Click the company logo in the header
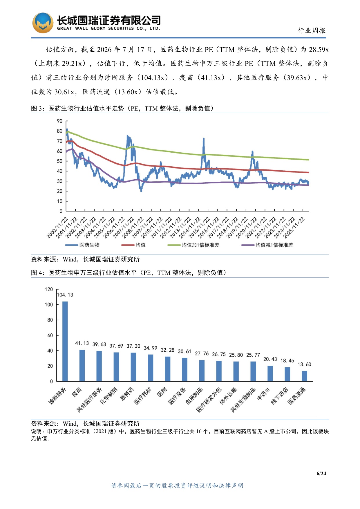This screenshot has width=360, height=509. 43,23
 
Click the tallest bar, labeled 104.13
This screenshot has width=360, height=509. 65,341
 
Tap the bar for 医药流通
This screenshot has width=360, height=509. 304,376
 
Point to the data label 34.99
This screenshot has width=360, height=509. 150,348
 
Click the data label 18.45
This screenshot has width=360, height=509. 287,361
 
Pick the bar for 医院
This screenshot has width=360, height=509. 168,369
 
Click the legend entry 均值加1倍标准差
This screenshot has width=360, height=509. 193,245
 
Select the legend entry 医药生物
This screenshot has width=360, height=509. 82,245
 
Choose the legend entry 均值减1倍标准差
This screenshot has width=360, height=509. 267,245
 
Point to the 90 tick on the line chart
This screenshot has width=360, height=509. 60,121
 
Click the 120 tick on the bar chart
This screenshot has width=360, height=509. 49,289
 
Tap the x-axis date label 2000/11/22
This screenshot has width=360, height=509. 57,228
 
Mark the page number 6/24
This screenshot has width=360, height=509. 321,474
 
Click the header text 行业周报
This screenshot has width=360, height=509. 312,30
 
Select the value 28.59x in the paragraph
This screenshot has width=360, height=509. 319,50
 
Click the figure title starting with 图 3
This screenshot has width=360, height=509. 122,109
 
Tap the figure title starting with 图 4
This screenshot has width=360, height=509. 129,273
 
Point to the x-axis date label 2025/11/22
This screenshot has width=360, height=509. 294,228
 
